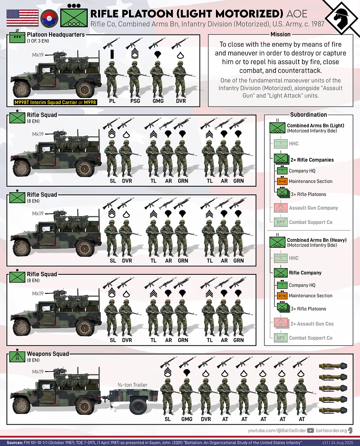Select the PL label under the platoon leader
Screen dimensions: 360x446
(x=112, y=100)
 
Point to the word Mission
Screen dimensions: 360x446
(x=281, y=35)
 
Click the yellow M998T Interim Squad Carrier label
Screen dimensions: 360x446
(x=55, y=102)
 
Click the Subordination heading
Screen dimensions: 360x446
(x=308, y=115)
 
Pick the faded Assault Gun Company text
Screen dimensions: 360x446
(x=313, y=208)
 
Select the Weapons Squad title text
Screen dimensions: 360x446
(x=48, y=354)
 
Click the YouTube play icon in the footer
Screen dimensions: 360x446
(x=310, y=430)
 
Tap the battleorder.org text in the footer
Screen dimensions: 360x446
(x=332, y=430)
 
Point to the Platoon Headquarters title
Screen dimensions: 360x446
(x=56, y=35)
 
